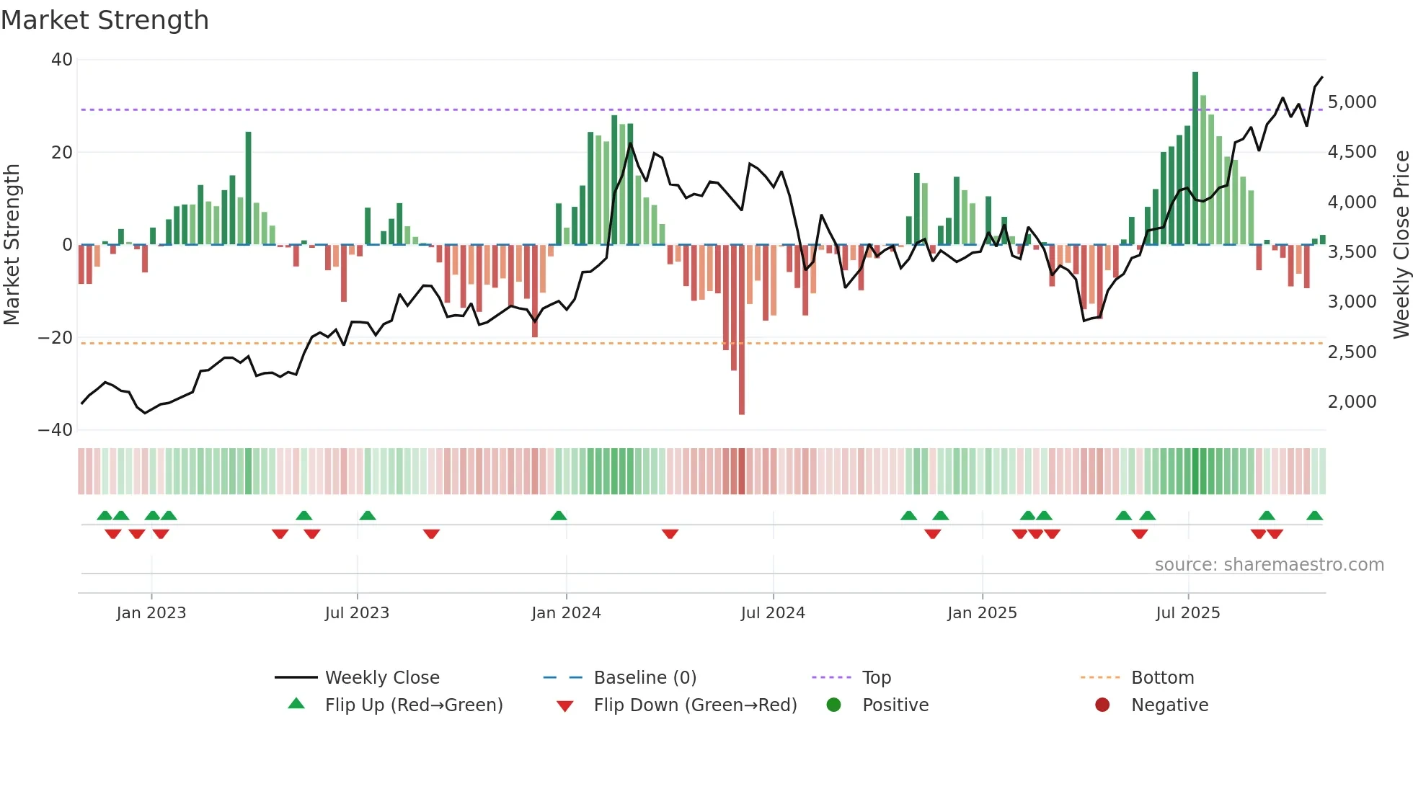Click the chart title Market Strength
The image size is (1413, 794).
tap(105, 20)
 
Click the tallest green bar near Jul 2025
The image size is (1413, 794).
tap(1195, 159)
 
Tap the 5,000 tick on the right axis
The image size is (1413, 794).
tap(1352, 102)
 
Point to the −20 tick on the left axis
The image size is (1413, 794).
tap(56, 338)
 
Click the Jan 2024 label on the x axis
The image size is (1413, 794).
tap(566, 613)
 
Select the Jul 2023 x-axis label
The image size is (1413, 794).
tap(357, 613)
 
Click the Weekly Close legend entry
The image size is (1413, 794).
tap(381, 678)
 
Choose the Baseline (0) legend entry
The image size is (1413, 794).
tap(645, 678)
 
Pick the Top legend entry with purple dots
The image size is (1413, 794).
tap(876, 678)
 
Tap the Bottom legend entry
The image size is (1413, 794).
tap(1162, 678)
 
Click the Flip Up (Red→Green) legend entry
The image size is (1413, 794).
tap(413, 705)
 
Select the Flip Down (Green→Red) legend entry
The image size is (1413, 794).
tap(695, 705)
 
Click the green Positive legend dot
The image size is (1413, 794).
tap(834, 705)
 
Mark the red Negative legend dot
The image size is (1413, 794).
tap(1102, 705)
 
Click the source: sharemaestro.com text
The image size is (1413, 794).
tap(1269, 565)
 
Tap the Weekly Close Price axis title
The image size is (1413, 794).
tap(1401, 245)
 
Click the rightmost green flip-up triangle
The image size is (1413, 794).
tap(1314, 516)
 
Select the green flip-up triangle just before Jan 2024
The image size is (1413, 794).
tap(559, 516)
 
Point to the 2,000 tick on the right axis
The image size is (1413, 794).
tap(1352, 402)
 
